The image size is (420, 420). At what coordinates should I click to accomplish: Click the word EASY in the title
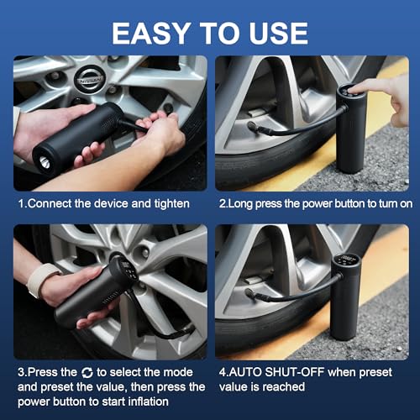click(150, 34)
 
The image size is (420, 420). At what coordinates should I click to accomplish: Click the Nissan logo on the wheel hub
click(90, 79)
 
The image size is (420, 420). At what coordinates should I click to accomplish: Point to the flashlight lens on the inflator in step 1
click(45, 162)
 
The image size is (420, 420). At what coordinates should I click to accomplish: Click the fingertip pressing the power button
click(354, 90)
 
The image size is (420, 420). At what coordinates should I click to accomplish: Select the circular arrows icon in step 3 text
click(87, 373)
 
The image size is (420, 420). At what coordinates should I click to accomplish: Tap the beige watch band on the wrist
click(41, 279)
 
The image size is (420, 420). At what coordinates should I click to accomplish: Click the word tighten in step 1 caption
click(171, 204)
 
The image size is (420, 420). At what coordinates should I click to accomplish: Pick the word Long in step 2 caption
click(240, 204)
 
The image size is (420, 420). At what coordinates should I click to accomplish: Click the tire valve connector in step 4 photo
click(251, 294)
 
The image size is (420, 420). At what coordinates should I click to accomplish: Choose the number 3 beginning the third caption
click(21, 372)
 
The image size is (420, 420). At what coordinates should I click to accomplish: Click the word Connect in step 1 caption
click(50, 204)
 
